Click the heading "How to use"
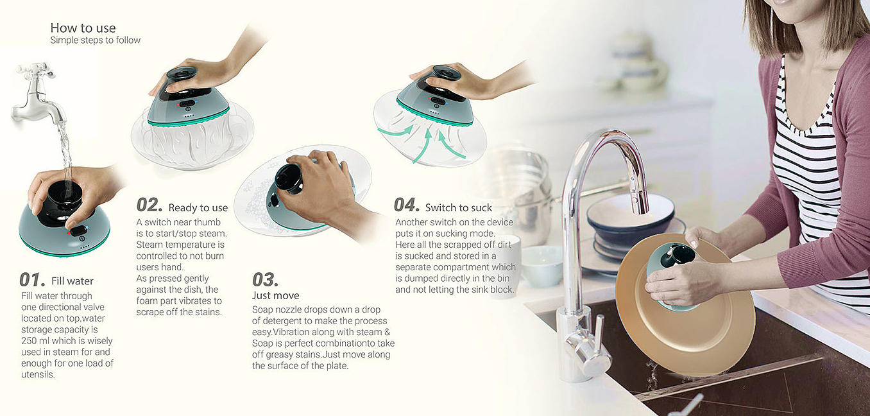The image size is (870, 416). pos(83,28)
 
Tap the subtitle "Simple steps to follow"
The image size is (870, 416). pos(95,40)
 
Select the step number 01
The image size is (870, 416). pos(32,279)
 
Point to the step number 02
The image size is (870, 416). pos(149,205)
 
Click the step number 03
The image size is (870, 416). pos(265,279)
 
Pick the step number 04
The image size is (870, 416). pos(406,205)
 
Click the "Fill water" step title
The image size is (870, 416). pos(72,281)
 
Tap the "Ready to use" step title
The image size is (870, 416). pos(198,208)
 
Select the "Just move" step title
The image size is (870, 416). pos(275,295)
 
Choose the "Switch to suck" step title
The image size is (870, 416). pos(459,207)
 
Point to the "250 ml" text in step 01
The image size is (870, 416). pos(35,341)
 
